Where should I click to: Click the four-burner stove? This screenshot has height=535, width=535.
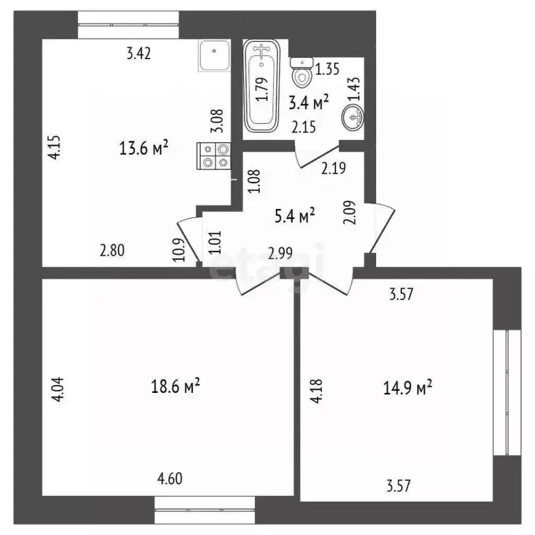click(x=215, y=155)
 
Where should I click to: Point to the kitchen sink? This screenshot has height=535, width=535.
click(x=215, y=55)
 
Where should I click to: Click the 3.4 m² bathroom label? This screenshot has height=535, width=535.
click(x=309, y=104)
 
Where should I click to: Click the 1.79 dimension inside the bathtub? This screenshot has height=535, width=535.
click(x=261, y=88)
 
